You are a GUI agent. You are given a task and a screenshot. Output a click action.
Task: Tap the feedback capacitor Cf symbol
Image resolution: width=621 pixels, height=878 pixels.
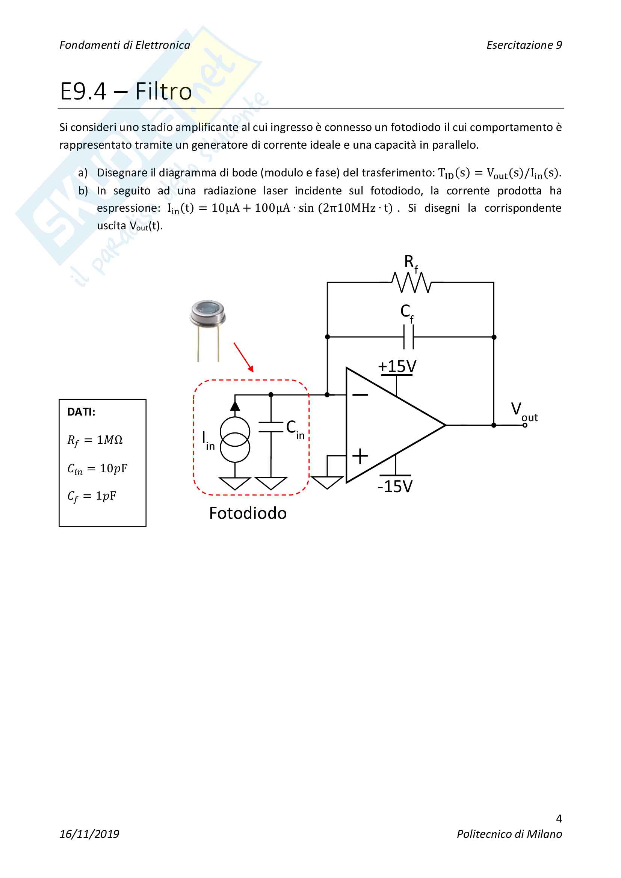point(409,337)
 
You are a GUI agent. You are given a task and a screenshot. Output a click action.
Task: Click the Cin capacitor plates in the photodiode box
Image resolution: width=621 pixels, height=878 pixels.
point(271,427)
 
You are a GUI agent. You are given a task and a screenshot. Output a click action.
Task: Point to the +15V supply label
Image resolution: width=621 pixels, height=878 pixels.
point(397,366)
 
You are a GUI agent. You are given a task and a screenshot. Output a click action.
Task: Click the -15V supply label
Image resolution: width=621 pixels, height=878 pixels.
point(395,486)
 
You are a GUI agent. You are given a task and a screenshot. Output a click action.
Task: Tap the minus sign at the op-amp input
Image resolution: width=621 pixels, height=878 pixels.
point(360,395)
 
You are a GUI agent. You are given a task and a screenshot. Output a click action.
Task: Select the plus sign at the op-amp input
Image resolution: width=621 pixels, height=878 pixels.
point(360,456)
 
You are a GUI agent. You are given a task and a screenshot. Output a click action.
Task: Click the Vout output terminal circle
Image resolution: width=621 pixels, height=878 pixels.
point(524,425)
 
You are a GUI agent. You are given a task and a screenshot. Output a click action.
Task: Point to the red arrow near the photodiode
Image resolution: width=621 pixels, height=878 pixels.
point(243,357)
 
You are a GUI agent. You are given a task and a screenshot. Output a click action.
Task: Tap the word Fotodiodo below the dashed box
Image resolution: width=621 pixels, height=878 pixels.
point(248,513)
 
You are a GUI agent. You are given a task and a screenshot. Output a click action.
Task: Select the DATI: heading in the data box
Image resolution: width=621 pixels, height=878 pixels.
point(81,412)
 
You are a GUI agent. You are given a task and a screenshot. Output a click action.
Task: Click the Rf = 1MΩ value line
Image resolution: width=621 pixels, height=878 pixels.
point(95,440)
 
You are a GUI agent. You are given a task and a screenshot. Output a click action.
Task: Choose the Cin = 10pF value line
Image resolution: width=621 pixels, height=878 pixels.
point(97,468)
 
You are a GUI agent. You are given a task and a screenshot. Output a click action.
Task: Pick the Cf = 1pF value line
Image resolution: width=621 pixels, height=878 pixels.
point(91,496)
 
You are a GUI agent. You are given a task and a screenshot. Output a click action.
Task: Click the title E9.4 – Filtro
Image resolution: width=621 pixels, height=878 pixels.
point(126,91)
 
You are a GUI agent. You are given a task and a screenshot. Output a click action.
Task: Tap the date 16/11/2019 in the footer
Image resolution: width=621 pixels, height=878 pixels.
point(89,834)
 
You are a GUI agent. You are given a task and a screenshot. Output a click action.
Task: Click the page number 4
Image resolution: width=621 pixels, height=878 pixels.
point(559,818)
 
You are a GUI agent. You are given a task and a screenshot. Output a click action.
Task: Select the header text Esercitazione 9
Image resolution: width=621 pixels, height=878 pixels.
point(524,45)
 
